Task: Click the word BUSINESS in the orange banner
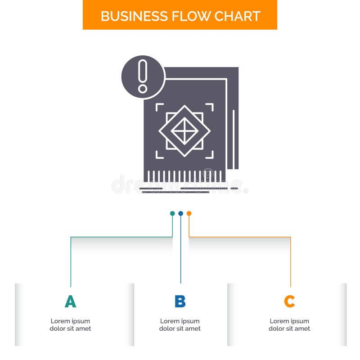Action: pyautogui.click(x=129, y=16)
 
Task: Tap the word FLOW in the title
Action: pyautogui.click(x=185, y=16)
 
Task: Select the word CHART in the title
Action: pyautogui.click(x=237, y=16)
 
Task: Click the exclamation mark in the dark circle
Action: pyautogui.click(x=143, y=76)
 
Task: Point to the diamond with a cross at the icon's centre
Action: pyautogui.click(x=184, y=131)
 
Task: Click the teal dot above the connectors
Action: pyautogui.click(x=172, y=213)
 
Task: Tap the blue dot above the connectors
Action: pyautogui.click(x=180, y=213)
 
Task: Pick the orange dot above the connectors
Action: pyautogui.click(x=189, y=213)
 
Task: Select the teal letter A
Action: pyautogui.click(x=70, y=301)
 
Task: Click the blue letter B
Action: pyautogui.click(x=180, y=301)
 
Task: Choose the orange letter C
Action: pyautogui.click(x=289, y=301)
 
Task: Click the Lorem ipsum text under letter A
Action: pyautogui.click(x=70, y=325)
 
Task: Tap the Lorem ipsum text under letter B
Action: pyautogui.click(x=180, y=325)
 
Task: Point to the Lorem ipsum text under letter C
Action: pyautogui.click(x=289, y=325)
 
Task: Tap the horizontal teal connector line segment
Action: pyautogui.click(x=121, y=237)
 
